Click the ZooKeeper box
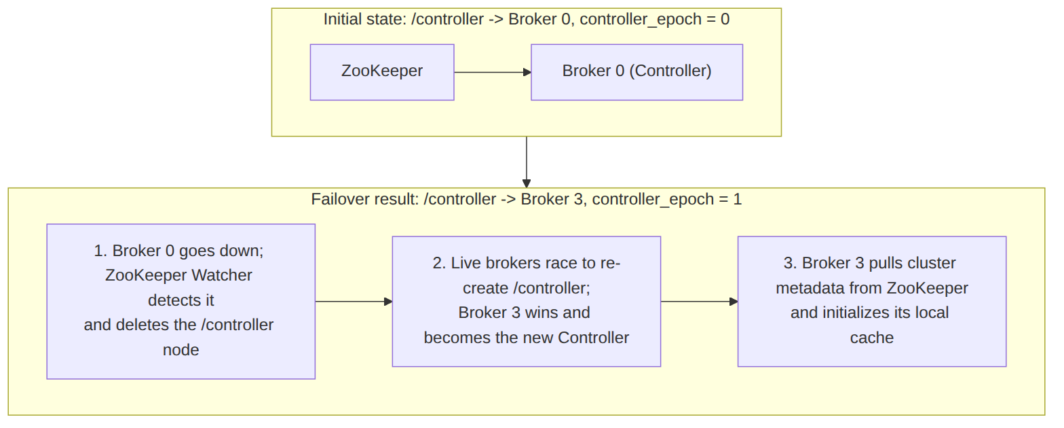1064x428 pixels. (x=382, y=72)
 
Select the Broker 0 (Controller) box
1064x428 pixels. (x=636, y=72)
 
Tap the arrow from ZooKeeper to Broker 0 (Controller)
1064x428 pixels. (x=493, y=72)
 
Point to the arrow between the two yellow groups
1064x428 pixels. (x=527, y=162)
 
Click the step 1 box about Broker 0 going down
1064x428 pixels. (x=181, y=302)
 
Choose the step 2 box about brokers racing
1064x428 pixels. (x=527, y=302)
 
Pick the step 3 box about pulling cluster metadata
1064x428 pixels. (x=871, y=302)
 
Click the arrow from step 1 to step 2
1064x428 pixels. (x=354, y=302)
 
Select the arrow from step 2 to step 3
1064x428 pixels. (x=699, y=302)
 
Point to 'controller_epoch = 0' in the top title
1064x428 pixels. (x=655, y=20)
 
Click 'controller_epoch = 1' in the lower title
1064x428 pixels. (x=667, y=199)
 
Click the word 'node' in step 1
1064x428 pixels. (x=181, y=350)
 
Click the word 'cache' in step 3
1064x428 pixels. (x=871, y=338)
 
